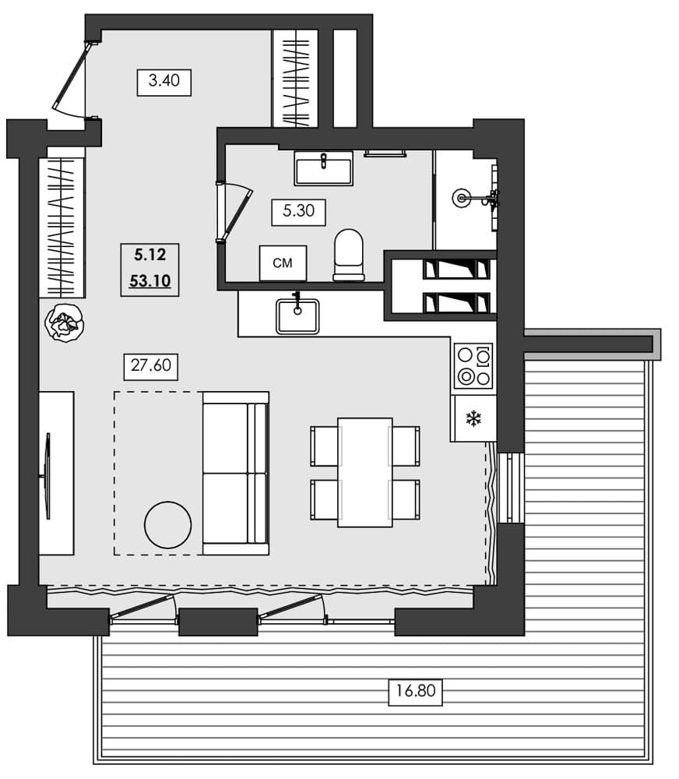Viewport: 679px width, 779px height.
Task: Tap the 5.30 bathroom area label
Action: click(x=298, y=212)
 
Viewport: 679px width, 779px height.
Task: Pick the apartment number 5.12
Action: click(x=150, y=254)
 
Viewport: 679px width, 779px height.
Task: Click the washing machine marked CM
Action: click(x=283, y=263)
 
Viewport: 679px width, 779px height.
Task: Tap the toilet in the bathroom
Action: click(x=348, y=254)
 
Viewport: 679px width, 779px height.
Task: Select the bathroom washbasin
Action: click(x=323, y=167)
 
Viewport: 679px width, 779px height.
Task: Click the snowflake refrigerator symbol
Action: click(x=473, y=419)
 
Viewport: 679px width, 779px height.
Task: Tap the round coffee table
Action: click(x=167, y=525)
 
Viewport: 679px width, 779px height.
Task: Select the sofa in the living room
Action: click(x=235, y=473)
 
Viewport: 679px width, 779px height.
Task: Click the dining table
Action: click(x=364, y=472)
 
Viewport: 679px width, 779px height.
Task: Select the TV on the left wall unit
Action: click(x=48, y=475)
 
